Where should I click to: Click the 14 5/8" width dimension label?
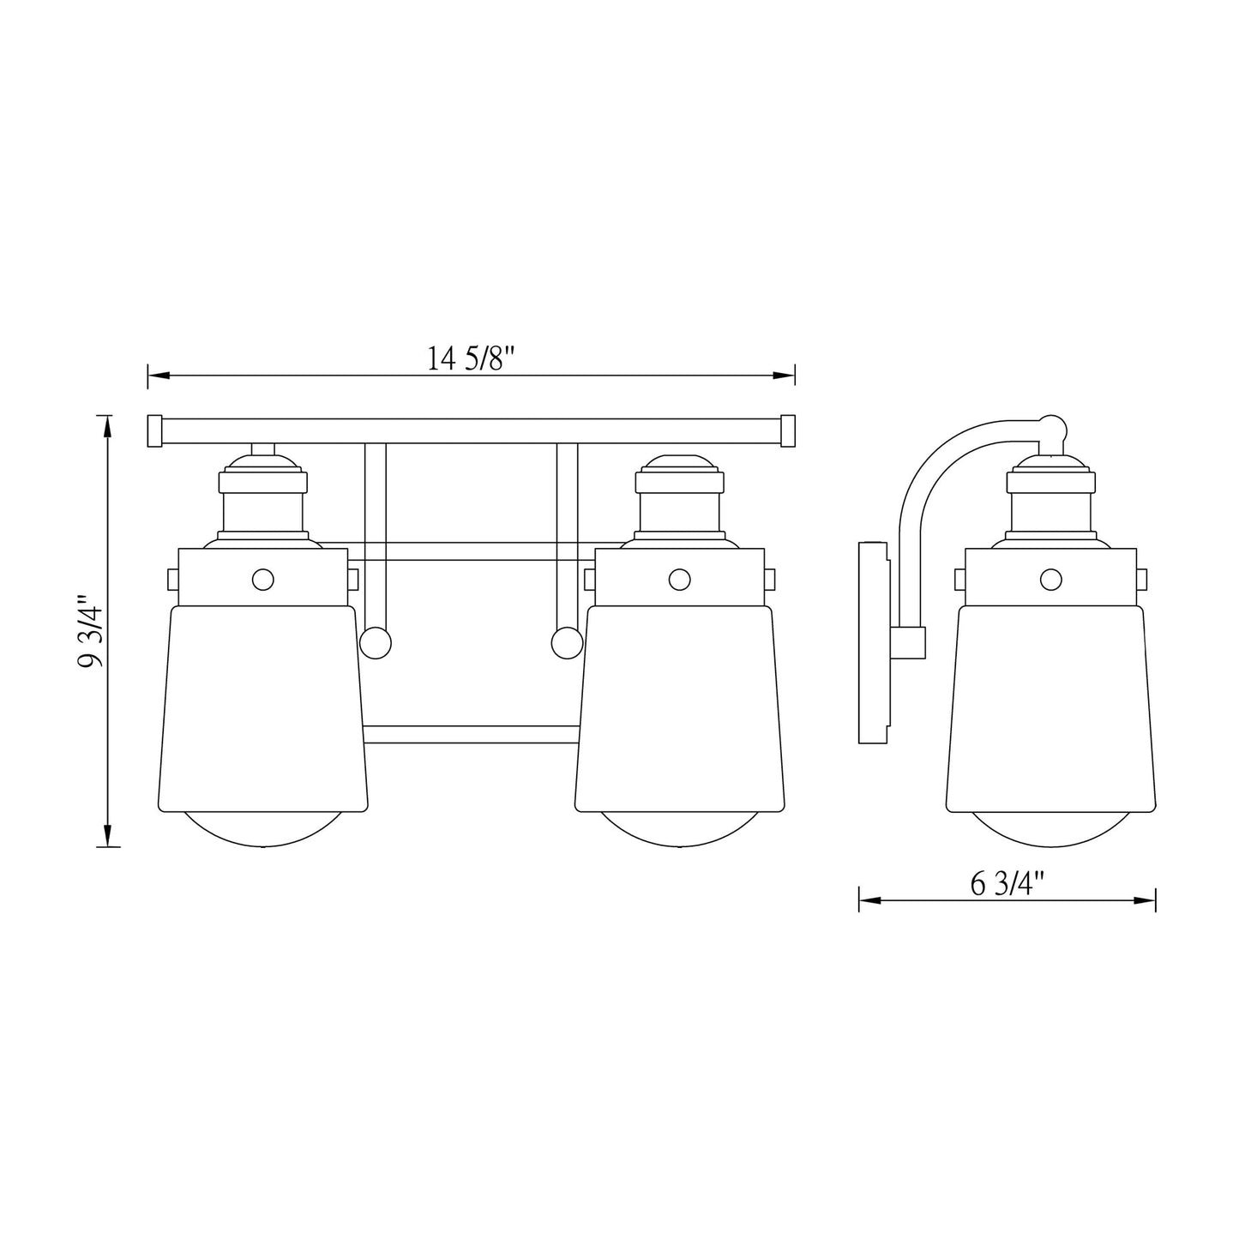470,358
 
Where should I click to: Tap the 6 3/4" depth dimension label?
1007,883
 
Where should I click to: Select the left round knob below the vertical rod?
375,642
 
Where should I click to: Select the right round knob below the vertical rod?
567,642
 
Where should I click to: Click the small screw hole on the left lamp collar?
263,580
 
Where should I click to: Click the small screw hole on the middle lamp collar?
679,580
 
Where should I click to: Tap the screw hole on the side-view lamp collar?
1050,580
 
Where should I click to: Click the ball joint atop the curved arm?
1052,428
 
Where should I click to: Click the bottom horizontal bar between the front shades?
471,734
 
